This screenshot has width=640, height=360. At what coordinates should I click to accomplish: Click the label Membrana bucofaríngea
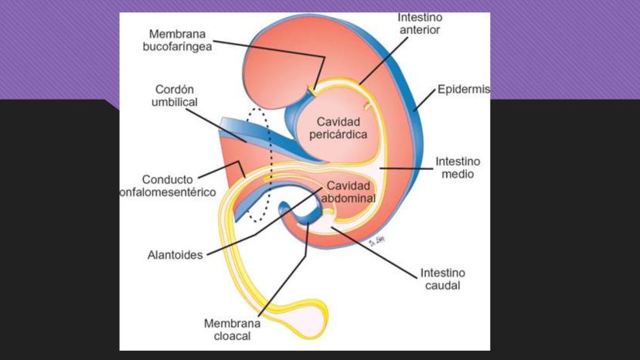[179, 40]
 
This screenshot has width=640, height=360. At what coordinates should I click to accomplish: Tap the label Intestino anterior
[420, 24]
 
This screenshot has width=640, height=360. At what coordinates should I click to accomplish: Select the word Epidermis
[463, 90]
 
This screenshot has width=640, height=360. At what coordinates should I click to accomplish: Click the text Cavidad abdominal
[349, 192]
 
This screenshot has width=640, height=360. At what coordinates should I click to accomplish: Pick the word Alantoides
[175, 254]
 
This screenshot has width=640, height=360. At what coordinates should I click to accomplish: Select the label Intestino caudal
[443, 279]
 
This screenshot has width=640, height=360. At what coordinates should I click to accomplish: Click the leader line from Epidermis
[426, 99]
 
